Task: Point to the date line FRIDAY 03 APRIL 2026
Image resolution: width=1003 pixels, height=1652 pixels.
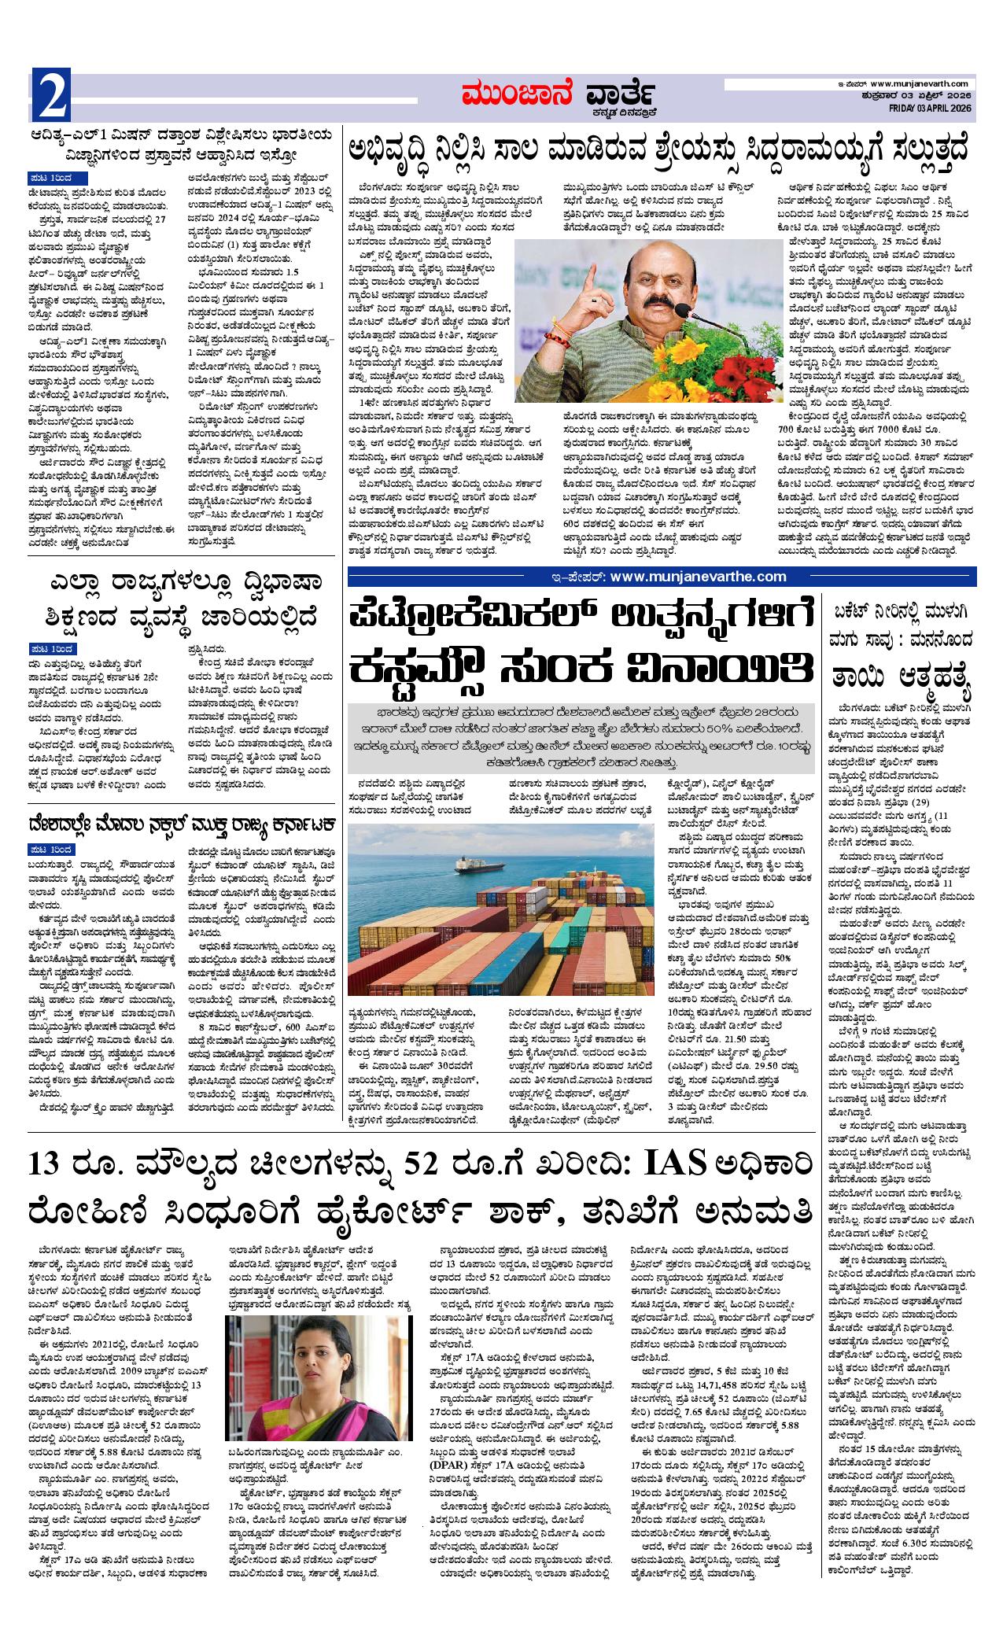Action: [x=925, y=108]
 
